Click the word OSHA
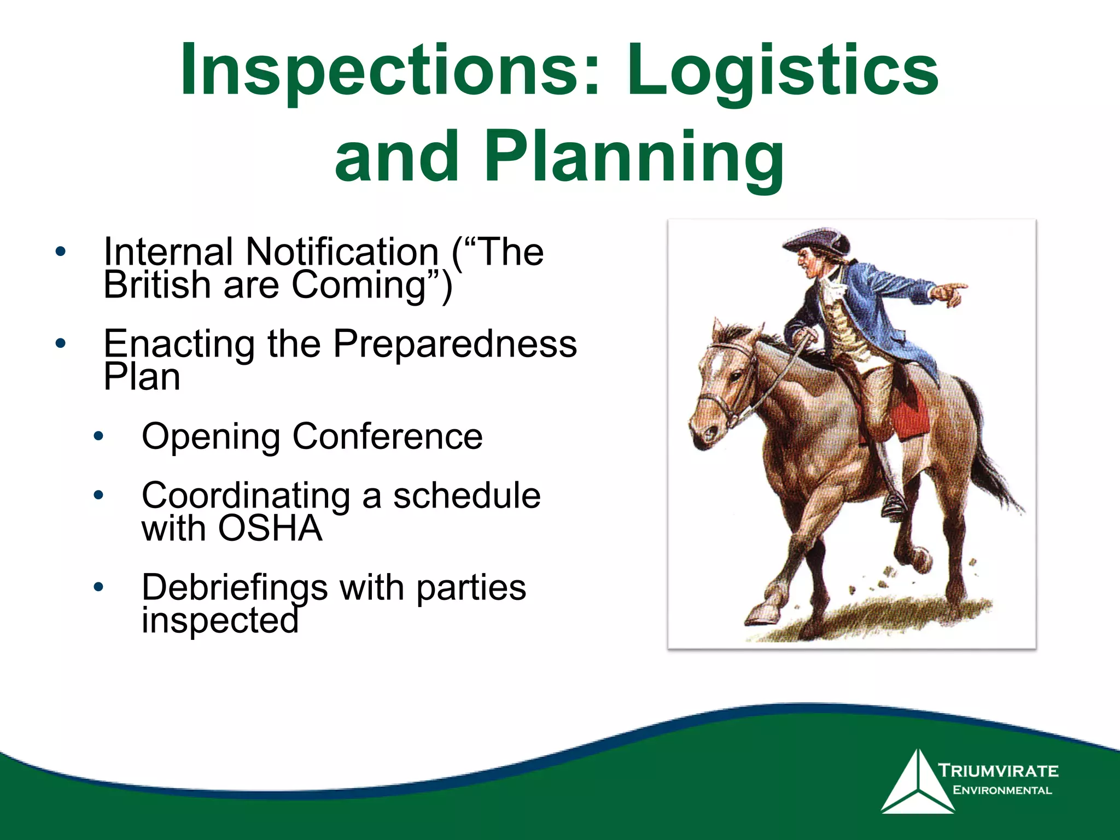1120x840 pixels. pos(270,528)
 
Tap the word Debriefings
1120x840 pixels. pos(235,587)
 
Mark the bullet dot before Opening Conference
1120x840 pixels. pos(98,436)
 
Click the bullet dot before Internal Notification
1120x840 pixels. pos(60,252)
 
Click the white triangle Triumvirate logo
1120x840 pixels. pos(915,782)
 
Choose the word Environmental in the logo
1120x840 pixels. pos(1002,790)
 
